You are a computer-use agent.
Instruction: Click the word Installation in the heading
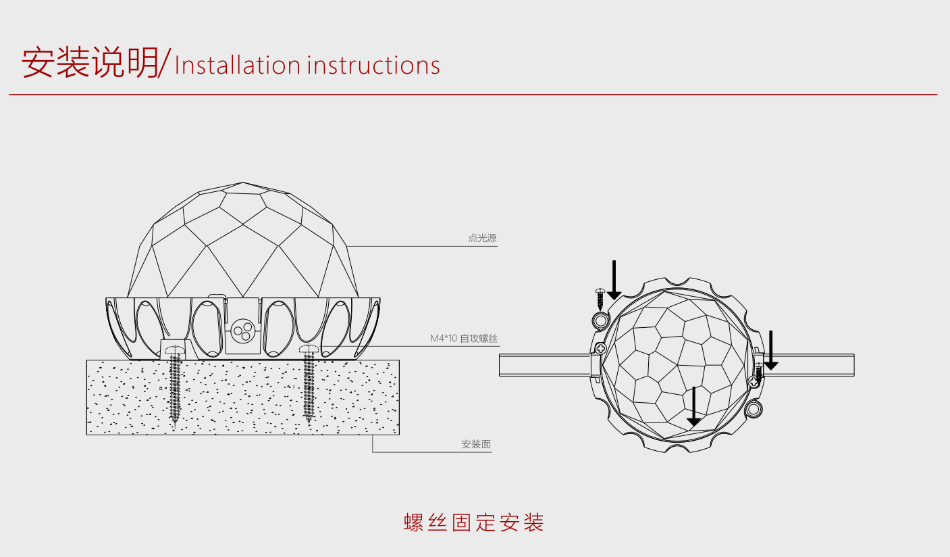click(x=237, y=66)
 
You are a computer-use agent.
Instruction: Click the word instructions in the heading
click(x=373, y=66)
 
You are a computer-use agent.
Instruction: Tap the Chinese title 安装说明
click(x=90, y=63)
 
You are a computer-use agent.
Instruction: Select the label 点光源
click(x=482, y=239)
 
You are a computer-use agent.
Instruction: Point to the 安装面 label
click(x=476, y=445)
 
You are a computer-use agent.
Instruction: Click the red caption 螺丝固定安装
click(x=474, y=523)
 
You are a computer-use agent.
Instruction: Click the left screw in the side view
click(x=176, y=385)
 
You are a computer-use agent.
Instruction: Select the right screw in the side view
click(x=309, y=385)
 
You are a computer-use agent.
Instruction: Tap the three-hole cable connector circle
click(x=242, y=331)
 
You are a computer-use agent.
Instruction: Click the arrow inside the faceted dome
click(x=693, y=408)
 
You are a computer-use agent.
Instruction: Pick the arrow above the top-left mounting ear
click(x=614, y=281)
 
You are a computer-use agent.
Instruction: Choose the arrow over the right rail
click(x=770, y=351)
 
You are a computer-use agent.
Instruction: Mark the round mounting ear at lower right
click(x=754, y=408)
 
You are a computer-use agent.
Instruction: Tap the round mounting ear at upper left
click(x=600, y=320)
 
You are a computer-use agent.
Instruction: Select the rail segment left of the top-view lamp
click(x=544, y=364)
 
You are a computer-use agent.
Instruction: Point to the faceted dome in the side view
click(x=242, y=243)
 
